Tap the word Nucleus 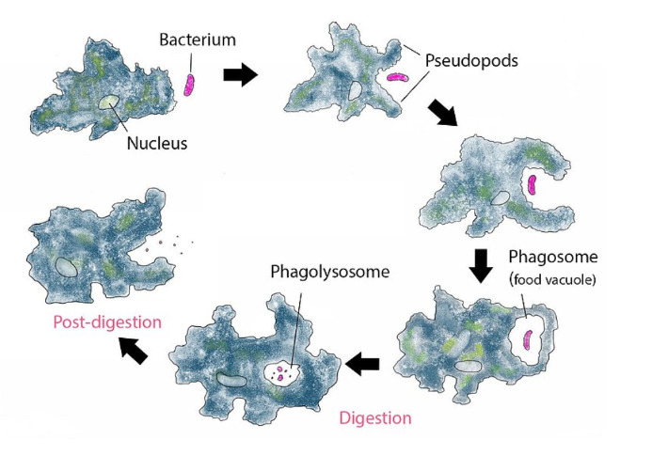pos(157,144)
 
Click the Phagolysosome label pos(329,272)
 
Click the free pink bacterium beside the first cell pos(190,85)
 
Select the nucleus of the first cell pos(109,102)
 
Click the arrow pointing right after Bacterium pos(240,76)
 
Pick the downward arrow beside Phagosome pos(481,266)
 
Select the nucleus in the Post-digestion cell pos(65,266)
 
